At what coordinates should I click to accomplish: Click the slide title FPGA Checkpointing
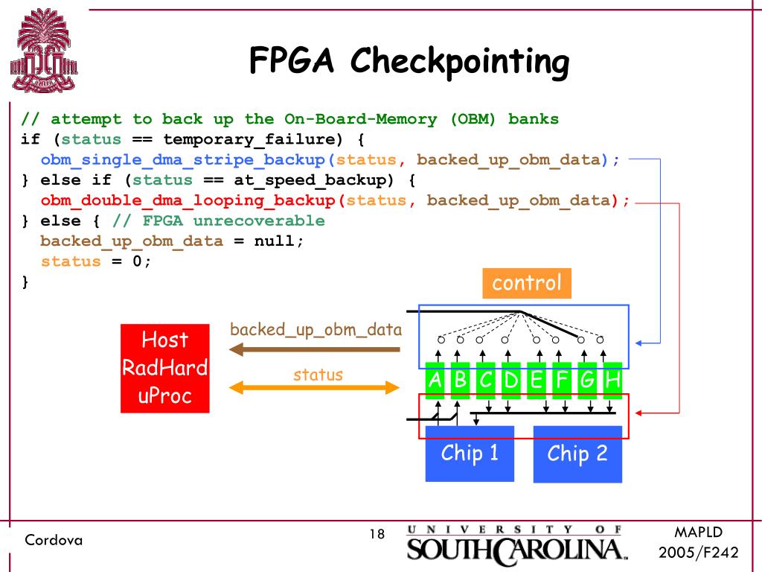click(409, 61)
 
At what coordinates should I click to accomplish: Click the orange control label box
click(527, 283)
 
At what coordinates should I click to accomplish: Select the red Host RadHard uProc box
click(165, 368)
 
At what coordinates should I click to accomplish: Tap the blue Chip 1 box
click(470, 453)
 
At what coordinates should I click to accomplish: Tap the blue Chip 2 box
click(577, 454)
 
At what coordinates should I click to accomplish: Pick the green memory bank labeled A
click(435, 381)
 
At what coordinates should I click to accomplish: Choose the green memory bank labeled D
click(511, 381)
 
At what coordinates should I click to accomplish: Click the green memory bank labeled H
click(612, 381)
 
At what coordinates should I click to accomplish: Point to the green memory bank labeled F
click(562, 381)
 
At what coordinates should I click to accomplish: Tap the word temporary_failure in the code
click(249, 140)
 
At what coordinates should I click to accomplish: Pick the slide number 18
click(377, 534)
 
